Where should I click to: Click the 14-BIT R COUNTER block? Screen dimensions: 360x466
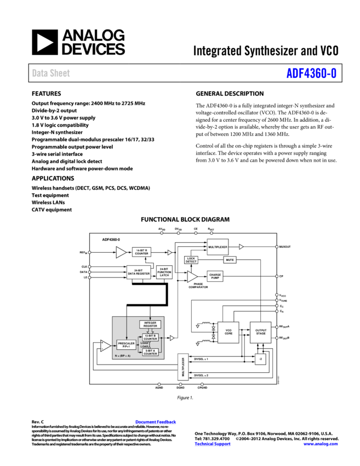tap(141, 252)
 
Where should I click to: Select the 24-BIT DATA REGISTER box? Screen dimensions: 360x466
tap(139, 272)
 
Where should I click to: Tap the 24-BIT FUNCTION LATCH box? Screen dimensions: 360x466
tap(164, 272)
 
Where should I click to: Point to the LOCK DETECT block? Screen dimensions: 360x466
tap(191, 260)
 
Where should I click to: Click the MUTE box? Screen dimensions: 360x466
tap(230, 260)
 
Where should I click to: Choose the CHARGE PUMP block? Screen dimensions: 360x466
tap(215, 276)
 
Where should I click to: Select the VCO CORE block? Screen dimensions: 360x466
tap(228, 332)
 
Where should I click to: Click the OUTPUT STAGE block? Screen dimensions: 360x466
tap(260, 332)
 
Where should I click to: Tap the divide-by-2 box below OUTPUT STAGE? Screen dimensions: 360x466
tap(260, 359)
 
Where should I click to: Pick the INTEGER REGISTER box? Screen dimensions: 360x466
tap(150, 325)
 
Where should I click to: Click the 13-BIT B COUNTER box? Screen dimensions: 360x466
tap(150, 337)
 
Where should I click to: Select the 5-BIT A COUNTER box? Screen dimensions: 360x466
tap(150, 352)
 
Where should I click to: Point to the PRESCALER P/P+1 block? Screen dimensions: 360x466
tap(126, 345)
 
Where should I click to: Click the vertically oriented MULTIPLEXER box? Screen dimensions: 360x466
tap(183, 367)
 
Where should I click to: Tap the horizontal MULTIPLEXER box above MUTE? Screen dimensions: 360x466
tap(218, 247)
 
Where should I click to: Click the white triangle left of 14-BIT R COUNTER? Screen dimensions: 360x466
tap(121, 252)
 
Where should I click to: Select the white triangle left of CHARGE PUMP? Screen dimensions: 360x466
tap(192, 277)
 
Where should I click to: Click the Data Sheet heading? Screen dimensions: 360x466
tap(51, 73)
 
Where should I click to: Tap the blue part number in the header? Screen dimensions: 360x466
tap(311, 73)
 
